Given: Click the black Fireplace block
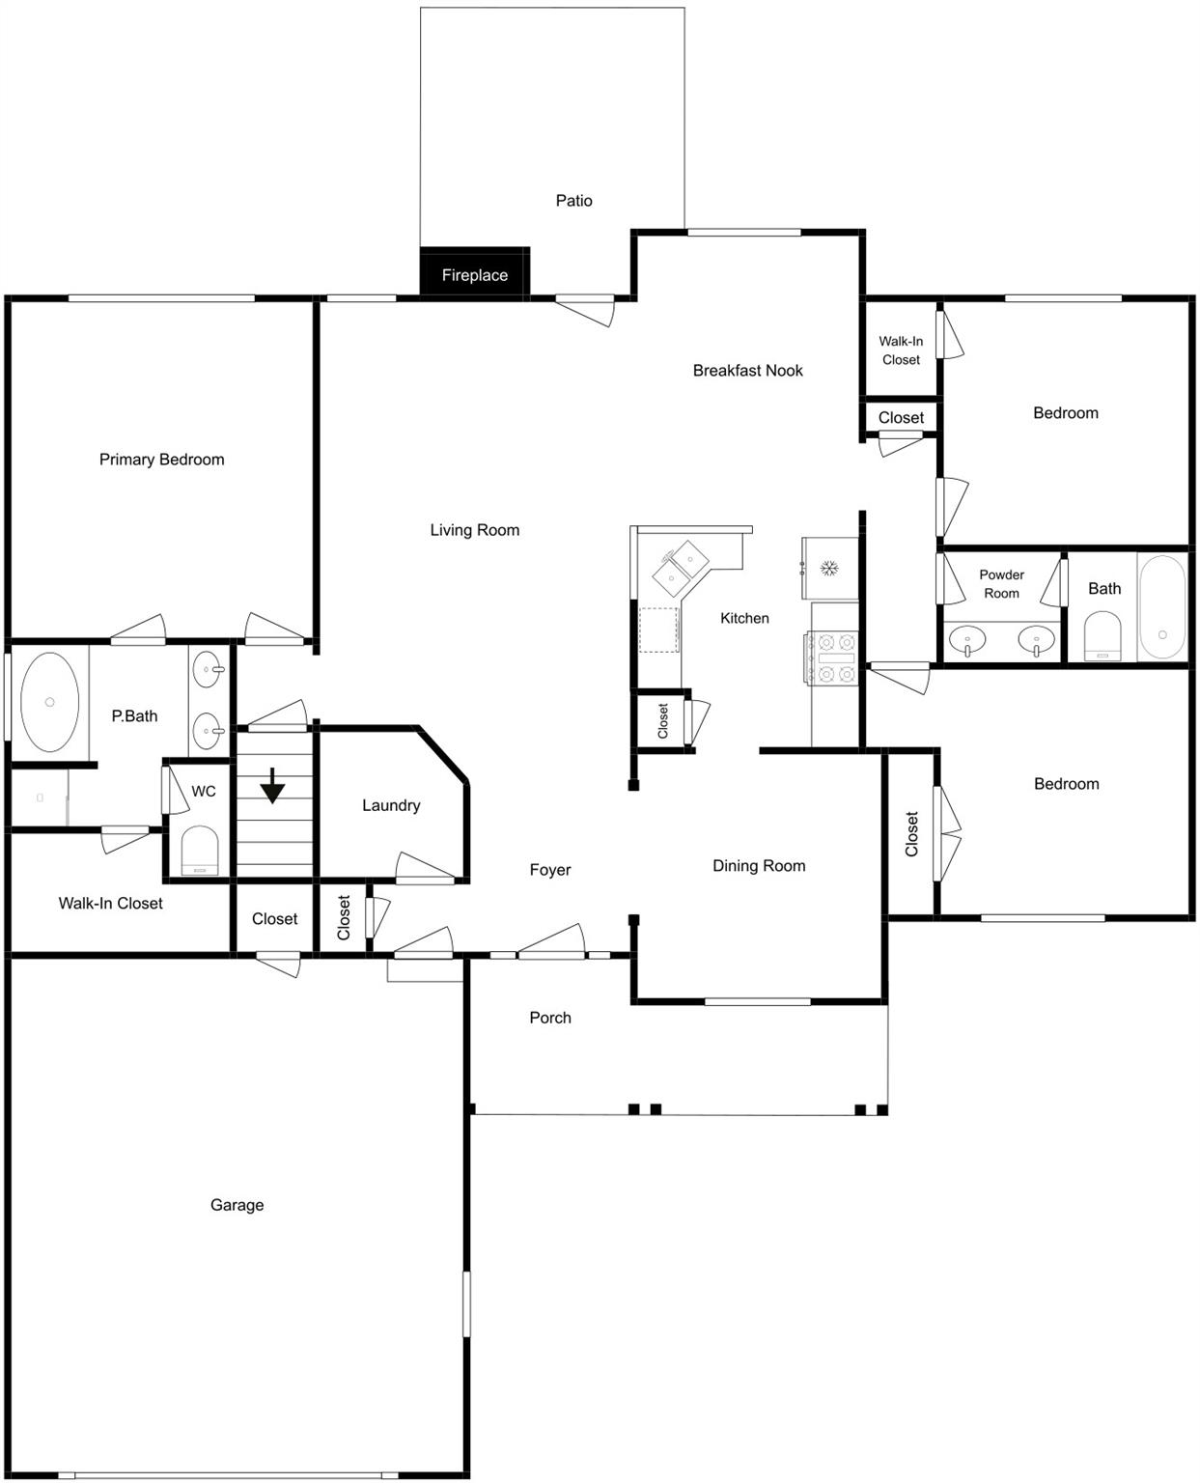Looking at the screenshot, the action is (x=474, y=272).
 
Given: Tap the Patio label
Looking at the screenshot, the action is (x=573, y=201).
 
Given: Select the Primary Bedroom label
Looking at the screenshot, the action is (x=161, y=460).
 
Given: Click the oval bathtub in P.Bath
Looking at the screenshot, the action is (x=49, y=701).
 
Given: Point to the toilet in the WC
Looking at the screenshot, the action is (x=200, y=850).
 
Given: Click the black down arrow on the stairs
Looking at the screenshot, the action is (x=272, y=785).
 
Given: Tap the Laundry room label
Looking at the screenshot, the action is (x=391, y=805).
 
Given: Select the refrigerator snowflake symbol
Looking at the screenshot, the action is (x=828, y=568).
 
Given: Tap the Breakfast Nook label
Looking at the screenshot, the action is (x=747, y=371).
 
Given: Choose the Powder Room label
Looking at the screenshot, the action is (x=1001, y=583).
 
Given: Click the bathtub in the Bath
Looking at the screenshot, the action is (x=1161, y=606).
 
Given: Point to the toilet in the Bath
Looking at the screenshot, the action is (x=1102, y=635).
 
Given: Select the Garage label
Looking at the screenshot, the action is (x=237, y=1205).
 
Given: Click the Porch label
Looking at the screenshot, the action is (x=550, y=1018).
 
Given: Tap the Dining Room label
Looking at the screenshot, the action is (x=759, y=865).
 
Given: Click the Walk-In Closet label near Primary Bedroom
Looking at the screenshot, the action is (x=110, y=903).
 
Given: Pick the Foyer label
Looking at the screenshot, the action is (x=550, y=870).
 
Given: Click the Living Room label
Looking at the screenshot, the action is (x=475, y=530).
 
